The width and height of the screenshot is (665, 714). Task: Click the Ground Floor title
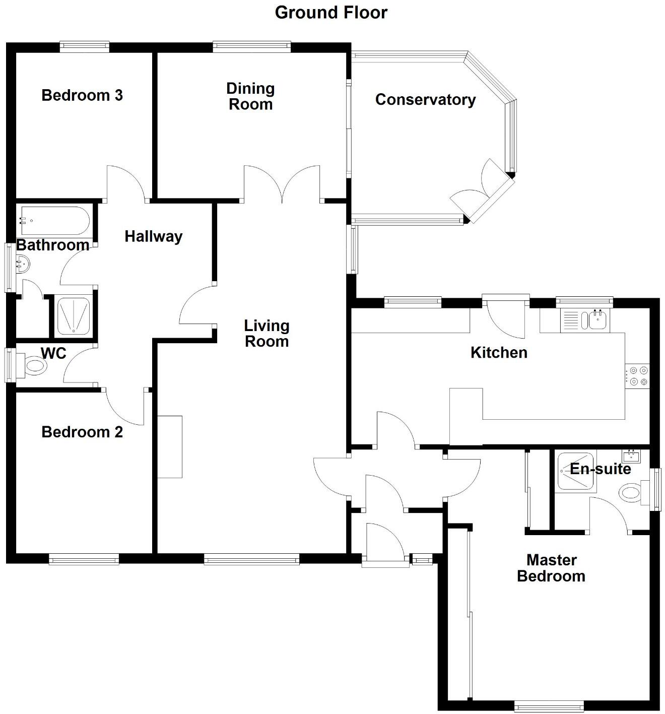click(331, 13)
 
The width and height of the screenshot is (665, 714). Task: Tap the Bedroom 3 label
click(82, 95)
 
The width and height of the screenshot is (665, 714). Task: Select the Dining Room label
click(250, 96)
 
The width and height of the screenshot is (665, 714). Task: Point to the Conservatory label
click(425, 100)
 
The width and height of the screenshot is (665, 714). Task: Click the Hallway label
click(153, 236)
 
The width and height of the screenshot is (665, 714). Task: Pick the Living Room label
click(267, 334)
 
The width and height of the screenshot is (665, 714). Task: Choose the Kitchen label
click(499, 353)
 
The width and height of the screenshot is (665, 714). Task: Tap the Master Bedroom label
click(551, 568)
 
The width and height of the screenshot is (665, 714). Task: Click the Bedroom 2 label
click(82, 432)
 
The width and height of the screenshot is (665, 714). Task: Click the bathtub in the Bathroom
click(54, 221)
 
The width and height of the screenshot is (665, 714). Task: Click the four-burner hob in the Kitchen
click(638, 376)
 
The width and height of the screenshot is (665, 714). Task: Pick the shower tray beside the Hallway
click(74, 316)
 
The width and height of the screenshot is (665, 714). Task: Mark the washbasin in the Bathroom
click(23, 263)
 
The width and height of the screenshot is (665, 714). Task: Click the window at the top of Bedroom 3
click(84, 47)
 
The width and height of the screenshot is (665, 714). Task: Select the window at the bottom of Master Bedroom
click(549, 705)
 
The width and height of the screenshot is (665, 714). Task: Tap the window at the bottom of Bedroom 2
click(84, 559)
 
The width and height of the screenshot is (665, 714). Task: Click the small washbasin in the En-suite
click(631, 457)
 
